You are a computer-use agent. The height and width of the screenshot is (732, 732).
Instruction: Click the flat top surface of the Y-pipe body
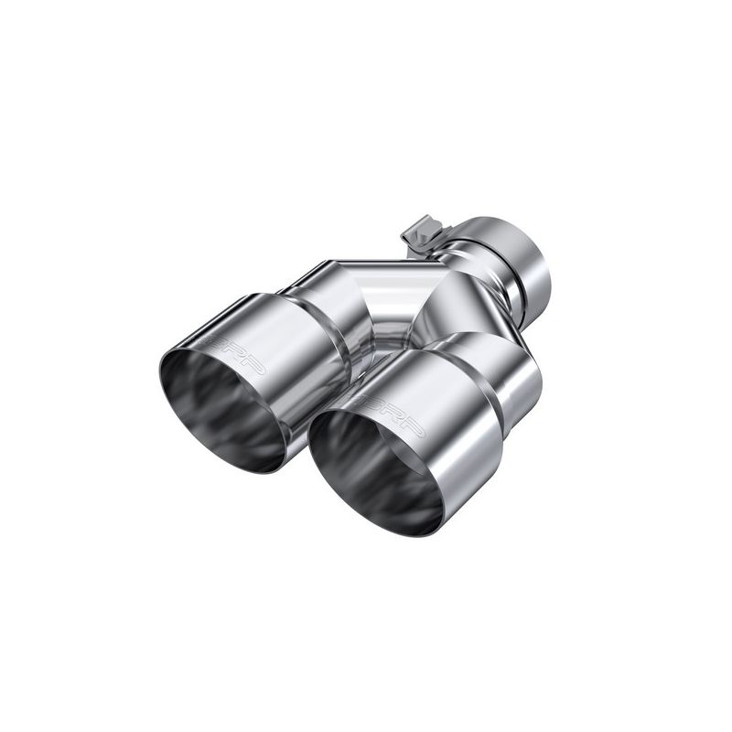coord(375,265)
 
